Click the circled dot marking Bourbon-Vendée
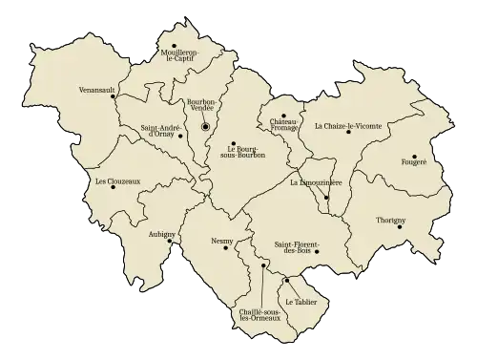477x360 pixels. pyautogui.click(x=204, y=127)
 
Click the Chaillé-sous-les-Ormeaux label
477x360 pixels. pyautogui.click(x=259, y=315)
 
